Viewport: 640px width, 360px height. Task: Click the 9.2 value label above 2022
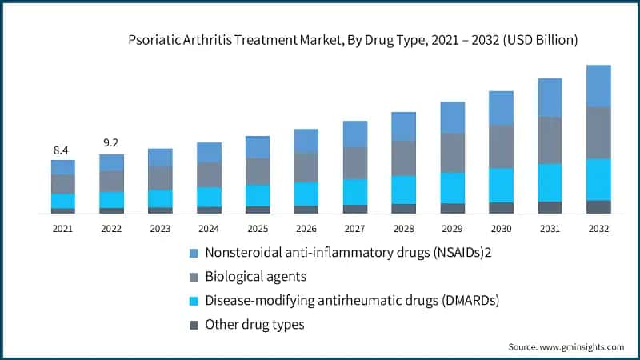click(x=111, y=144)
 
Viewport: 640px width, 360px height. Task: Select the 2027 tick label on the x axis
click(x=354, y=228)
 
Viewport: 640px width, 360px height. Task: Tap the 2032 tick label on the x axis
click(x=598, y=228)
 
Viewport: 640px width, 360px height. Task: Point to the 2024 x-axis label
click(x=209, y=228)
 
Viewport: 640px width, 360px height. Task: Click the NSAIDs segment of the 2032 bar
click(x=598, y=86)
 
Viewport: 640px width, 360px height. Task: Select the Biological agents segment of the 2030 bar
click(x=501, y=146)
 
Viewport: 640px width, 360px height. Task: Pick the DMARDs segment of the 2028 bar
click(x=403, y=190)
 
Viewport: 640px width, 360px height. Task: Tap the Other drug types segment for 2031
click(x=550, y=207)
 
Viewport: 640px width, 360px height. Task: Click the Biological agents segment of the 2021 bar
click(x=62, y=184)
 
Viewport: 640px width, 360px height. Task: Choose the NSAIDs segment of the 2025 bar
click(x=258, y=147)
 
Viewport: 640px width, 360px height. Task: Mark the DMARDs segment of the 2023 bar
click(x=160, y=198)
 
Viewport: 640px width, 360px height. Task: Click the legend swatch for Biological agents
click(x=192, y=277)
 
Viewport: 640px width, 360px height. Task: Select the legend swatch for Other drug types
click(x=192, y=325)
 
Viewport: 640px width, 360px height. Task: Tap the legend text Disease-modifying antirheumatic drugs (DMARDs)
click(x=352, y=301)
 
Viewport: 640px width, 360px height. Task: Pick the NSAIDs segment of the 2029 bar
click(x=452, y=117)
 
